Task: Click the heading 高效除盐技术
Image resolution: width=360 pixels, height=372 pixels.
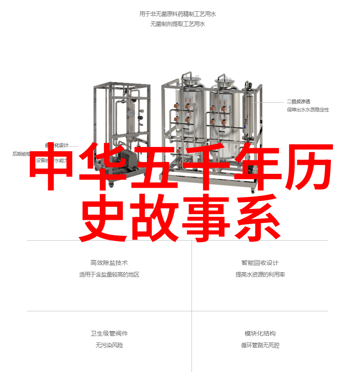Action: [x=109, y=263]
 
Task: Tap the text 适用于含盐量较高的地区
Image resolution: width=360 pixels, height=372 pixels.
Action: [x=109, y=274]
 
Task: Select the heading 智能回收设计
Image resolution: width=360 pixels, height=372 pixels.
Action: [x=260, y=263]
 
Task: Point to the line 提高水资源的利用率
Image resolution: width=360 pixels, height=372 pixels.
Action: [x=260, y=274]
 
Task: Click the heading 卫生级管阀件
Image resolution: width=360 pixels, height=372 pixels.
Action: [x=109, y=333]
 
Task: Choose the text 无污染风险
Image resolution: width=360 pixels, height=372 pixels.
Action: [x=109, y=345]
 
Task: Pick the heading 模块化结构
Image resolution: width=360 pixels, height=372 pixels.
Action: [x=260, y=333]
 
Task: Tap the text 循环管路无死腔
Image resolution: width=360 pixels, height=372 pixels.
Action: [x=260, y=345]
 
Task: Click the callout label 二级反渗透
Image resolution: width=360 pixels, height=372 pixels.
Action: [x=298, y=101]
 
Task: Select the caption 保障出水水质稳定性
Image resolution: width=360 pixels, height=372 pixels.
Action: [x=308, y=110]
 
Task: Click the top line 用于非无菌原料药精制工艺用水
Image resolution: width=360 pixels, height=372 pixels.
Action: [x=178, y=14]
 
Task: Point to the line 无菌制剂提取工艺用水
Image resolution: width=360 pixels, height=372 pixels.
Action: [x=178, y=24]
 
